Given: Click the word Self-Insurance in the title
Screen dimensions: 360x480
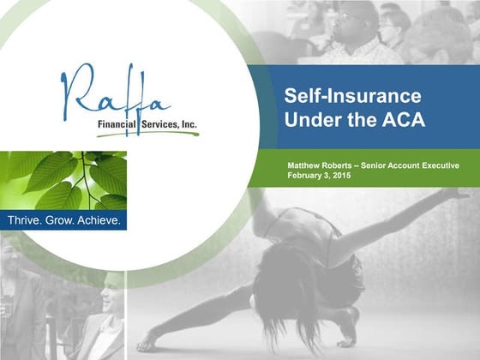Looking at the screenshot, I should pyautogui.click(x=340, y=96).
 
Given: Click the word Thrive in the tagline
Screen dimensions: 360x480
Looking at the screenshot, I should pyautogui.click(x=25, y=221).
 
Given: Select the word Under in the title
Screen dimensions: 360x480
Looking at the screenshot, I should pyautogui.click(x=312, y=120).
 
